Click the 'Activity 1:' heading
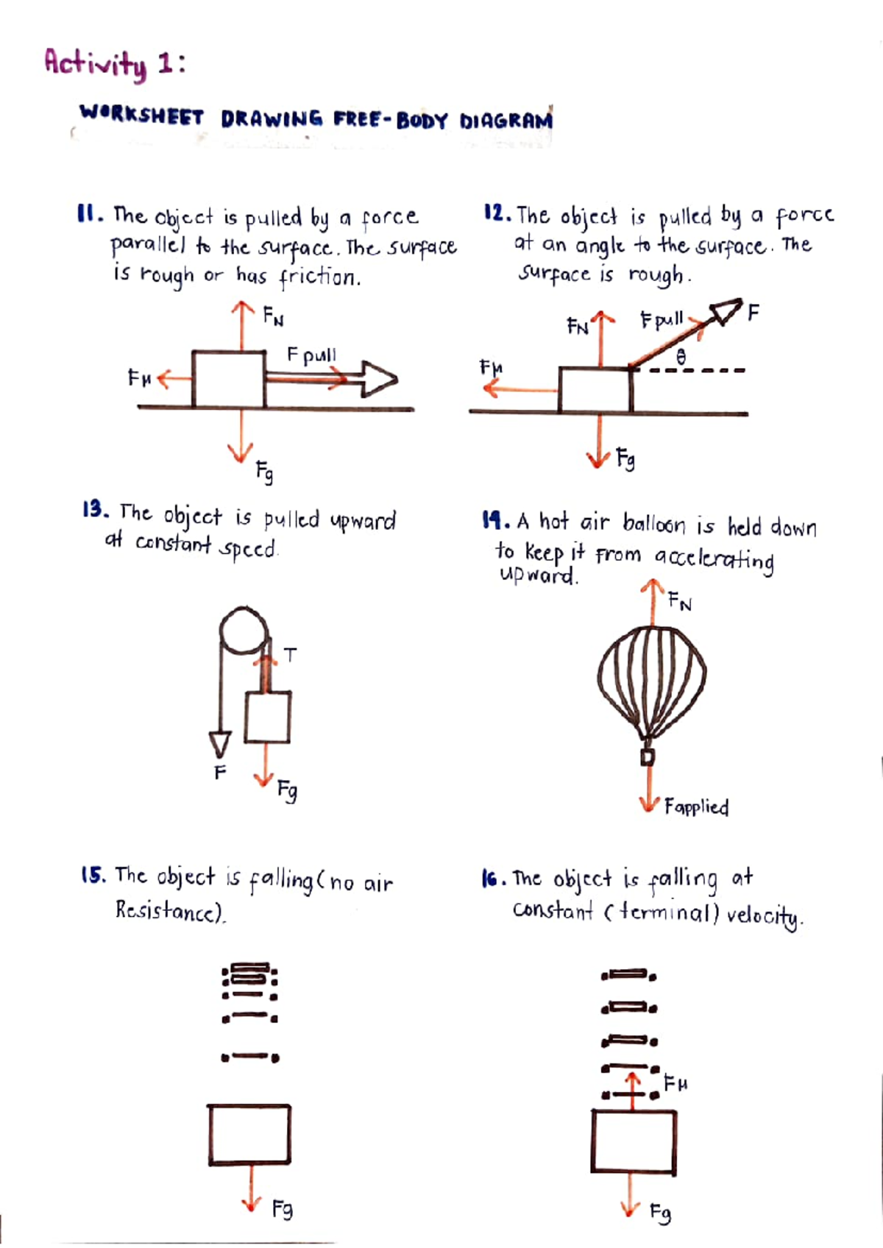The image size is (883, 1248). tap(115, 64)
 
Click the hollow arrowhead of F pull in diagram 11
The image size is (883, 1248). tap(380, 380)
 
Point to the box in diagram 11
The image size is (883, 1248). tap(229, 380)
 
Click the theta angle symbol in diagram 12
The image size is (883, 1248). tap(681, 357)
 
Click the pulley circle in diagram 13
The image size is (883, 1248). tap(244, 631)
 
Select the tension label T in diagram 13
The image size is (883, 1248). tap(291, 654)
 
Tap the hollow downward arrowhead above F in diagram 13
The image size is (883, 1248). tap(219, 743)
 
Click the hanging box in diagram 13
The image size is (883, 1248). tap(268, 717)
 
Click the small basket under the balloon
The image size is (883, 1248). tap(648, 756)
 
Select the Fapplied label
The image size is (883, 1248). tap(696, 807)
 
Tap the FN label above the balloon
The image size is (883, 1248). tap(680, 603)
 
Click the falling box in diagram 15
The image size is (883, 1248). tap(249, 1135)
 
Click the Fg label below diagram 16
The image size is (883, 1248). tap(661, 1212)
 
